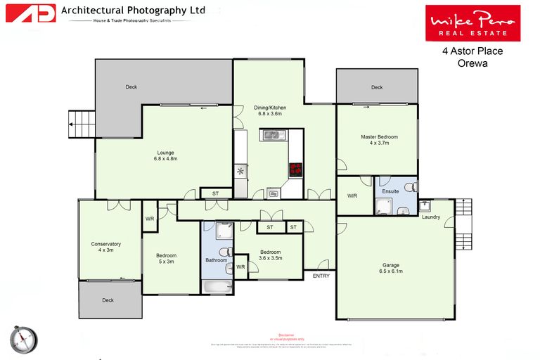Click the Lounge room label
coord(165,155)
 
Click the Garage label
coord(392,268)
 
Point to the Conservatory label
coord(106,247)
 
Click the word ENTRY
coord(321,276)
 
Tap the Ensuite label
coord(390,191)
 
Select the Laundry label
coord(431,217)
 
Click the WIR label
coord(353,196)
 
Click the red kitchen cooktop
coord(295,169)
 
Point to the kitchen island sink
coord(271,134)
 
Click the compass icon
coord(23,339)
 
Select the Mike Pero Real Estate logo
coord(472,23)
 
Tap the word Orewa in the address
coord(472,63)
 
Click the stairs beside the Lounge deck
coord(81,125)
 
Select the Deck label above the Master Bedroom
coord(377,87)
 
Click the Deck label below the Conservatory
coord(108,300)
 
